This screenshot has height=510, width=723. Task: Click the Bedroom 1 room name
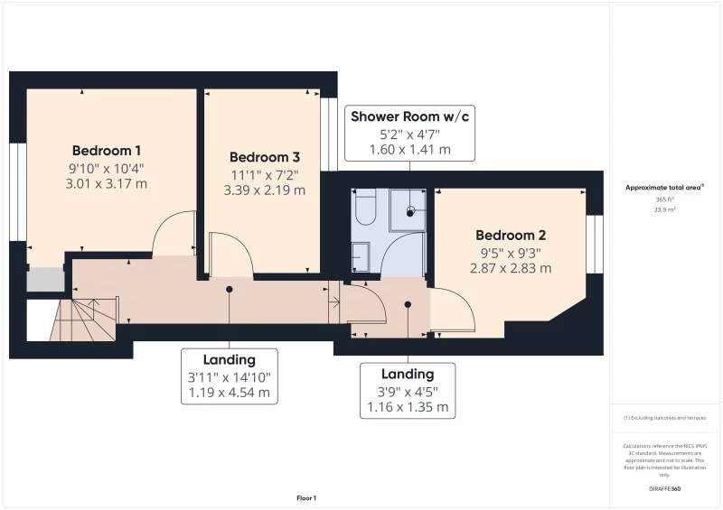click(107, 150)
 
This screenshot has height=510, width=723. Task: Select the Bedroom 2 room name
click(511, 235)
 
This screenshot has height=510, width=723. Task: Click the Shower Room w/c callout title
click(410, 116)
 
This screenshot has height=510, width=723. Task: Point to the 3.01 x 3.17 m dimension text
click(107, 183)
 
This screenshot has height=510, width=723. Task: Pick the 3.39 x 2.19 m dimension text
click(264, 190)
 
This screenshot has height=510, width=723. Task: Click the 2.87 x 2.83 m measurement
click(511, 268)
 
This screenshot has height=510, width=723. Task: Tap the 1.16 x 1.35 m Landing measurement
click(407, 407)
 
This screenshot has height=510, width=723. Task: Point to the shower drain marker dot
click(410, 212)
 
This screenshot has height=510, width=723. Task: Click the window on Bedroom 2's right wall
click(594, 244)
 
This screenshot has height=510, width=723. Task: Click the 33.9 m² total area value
click(664, 209)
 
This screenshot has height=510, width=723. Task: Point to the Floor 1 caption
click(306, 498)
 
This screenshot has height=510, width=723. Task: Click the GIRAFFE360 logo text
click(664, 488)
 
